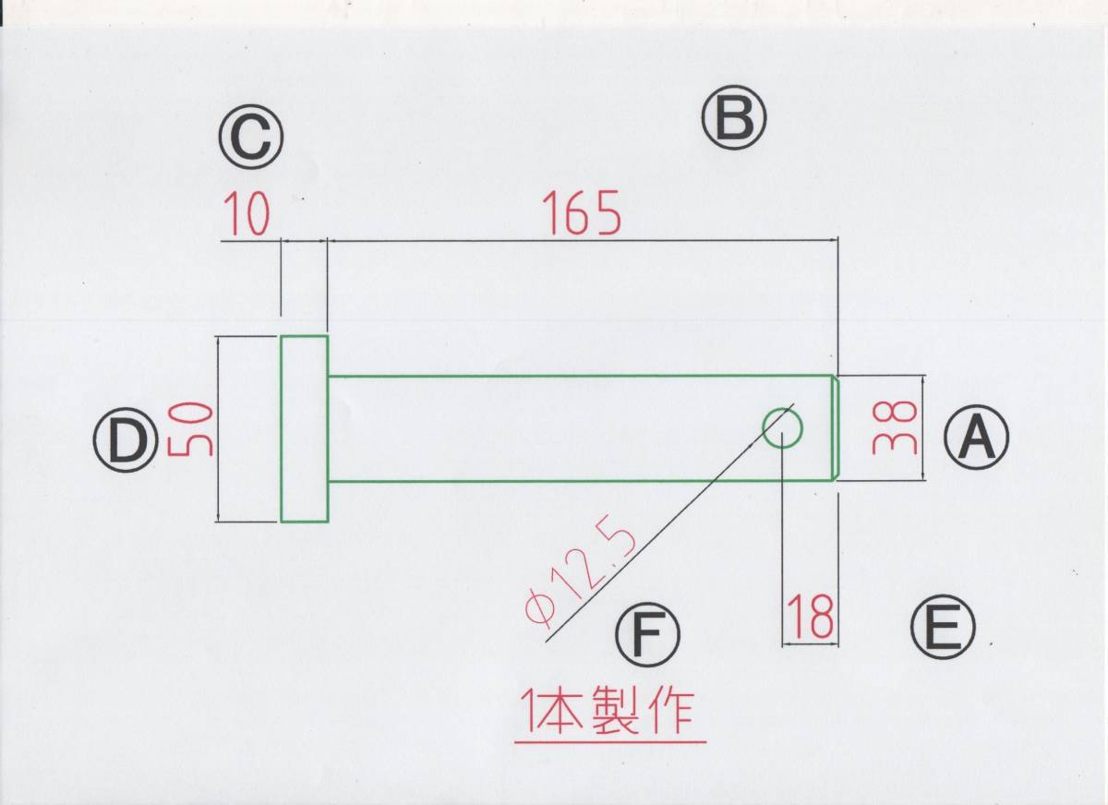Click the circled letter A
pyautogui.click(x=976, y=439)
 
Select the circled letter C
pyautogui.click(x=250, y=140)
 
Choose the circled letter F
pyautogui.click(x=646, y=635)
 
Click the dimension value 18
pyautogui.click(x=811, y=617)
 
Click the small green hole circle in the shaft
pyautogui.click(x=782, y=427)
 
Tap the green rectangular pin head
pyautogui.click(x=304, y=428)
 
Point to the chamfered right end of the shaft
pyautogui.click(x=837, y=427)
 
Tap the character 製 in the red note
pyautogui.click(x=621, y=711)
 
